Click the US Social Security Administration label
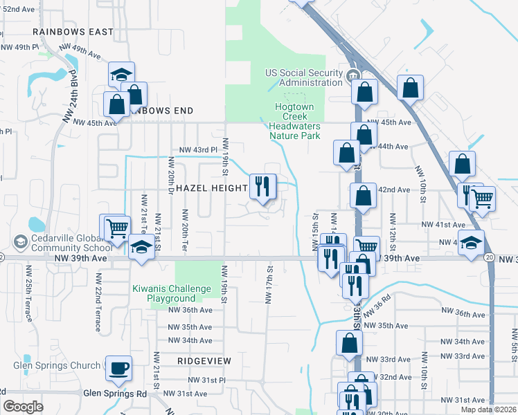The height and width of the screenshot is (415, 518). tap(305, 77)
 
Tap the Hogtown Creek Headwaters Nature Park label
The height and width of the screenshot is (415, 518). tap(295, 121)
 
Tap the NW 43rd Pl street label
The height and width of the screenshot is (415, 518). tap(199, 149)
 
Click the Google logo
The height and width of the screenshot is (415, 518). tap(23, 407)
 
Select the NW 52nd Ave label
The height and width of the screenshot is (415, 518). tap(18, 10)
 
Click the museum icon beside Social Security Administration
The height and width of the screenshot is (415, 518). tap(352, 75)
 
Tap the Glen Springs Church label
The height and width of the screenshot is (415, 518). tap(57, 366)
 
